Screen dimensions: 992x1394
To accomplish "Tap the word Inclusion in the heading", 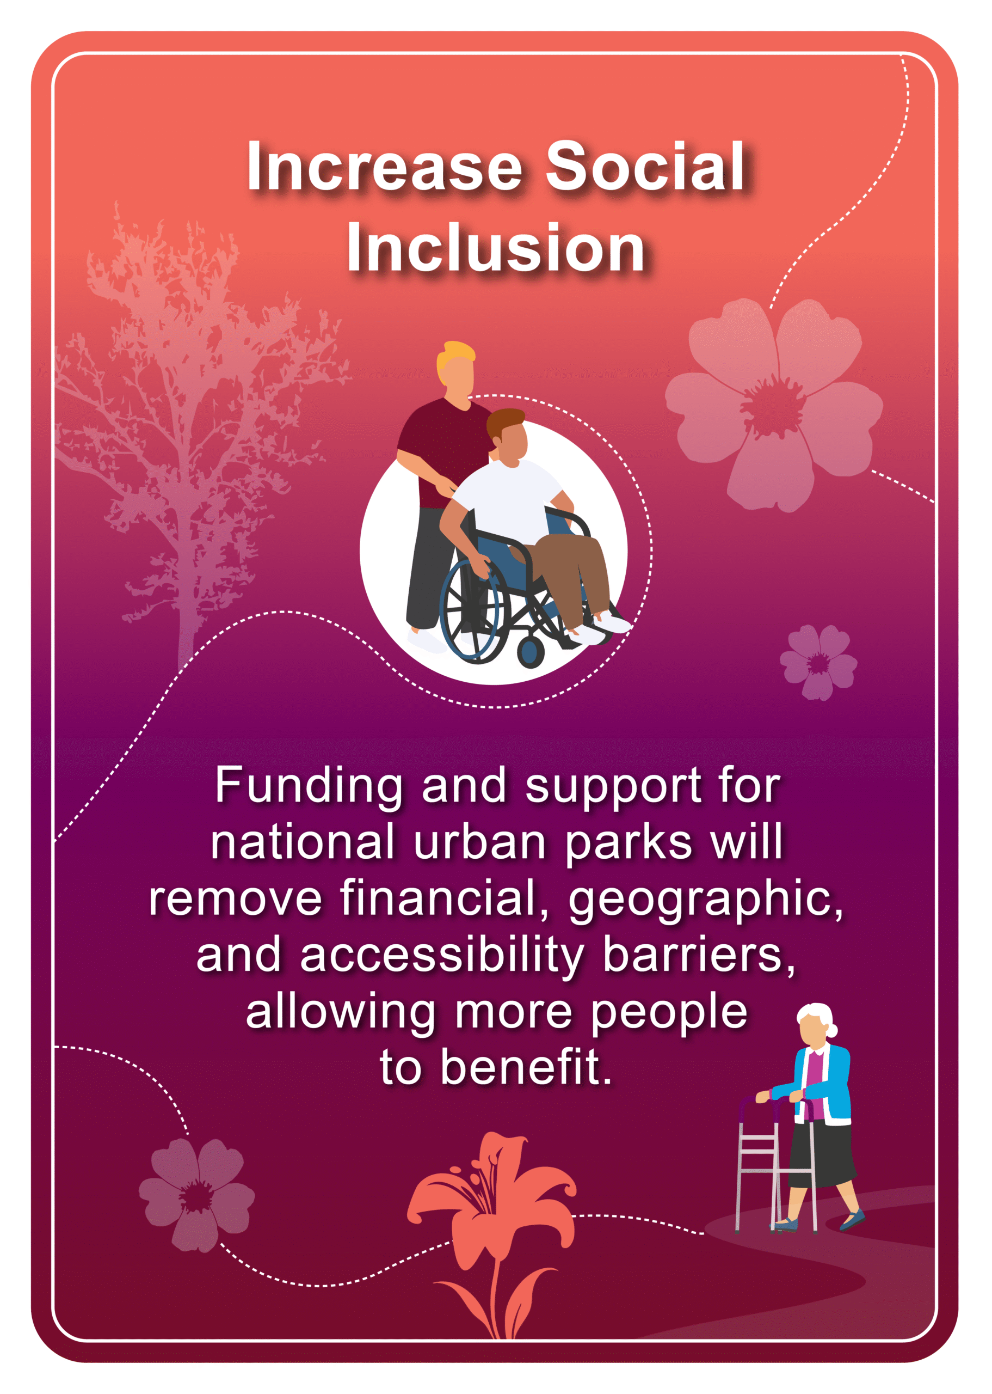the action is point(496,248).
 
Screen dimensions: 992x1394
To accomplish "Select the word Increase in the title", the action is point(385,166).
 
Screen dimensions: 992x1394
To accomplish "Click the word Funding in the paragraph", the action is point(309,786).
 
